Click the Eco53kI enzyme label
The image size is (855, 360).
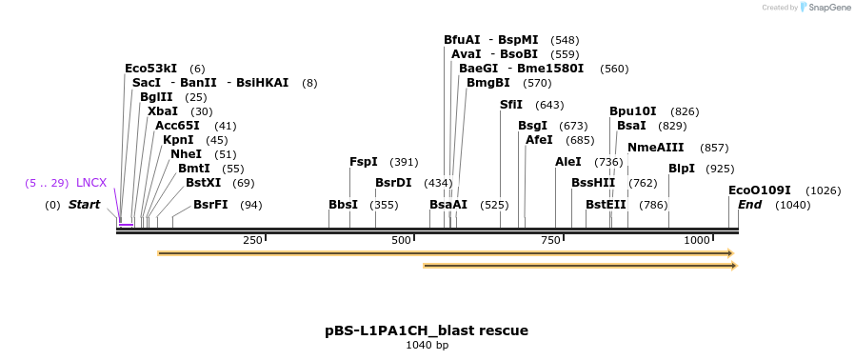point(150,69)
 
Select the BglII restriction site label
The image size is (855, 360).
point(156,97)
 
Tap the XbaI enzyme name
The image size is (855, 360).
point(163,111)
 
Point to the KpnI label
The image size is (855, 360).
point(178,140)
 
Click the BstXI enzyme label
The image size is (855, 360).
point(203,183)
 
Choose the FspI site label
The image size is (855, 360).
point(364,162)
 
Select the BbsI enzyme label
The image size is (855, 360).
point(343,205)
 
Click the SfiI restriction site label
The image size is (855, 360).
point(511,105)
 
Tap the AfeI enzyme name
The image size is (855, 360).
point(539,140)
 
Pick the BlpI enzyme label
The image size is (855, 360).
point(682,169)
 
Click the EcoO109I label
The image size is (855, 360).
point(760,190)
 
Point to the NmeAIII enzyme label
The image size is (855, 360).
point(655,148)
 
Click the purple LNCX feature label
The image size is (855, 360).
point(91,183)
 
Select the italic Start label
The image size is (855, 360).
point(84,205)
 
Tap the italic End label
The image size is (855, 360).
point(750,205)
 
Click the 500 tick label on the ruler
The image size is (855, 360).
point(401,240)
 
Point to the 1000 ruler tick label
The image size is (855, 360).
point(697,240)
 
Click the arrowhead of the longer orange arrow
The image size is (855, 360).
point(730,253)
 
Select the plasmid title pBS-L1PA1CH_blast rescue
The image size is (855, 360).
point(427,330)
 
